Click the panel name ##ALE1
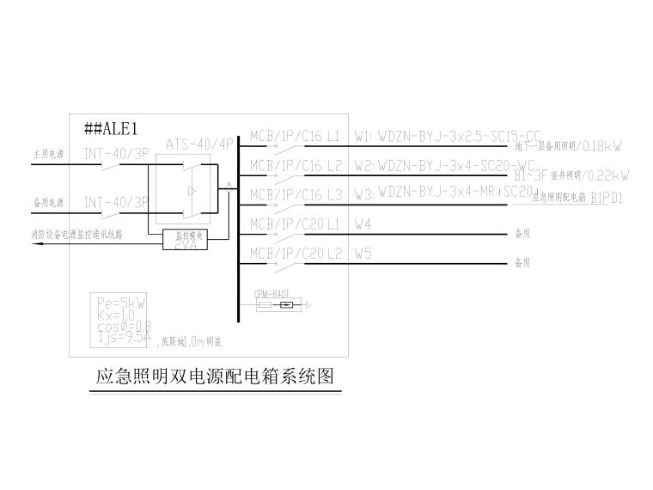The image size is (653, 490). pyautogui.click(x=111, y=129)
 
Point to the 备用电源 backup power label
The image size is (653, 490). pyautogui.click(x=49, y=203)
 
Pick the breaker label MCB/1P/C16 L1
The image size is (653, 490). pyautogui.click(x=295, y=136)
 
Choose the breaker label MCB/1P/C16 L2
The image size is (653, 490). pyautogui.click(x=295, y=165)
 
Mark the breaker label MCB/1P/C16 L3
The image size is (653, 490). pyautogui.click(x=295, y=194)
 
